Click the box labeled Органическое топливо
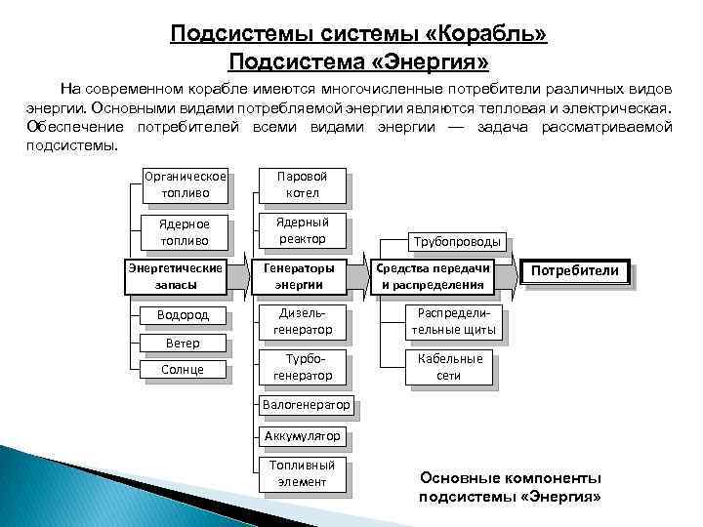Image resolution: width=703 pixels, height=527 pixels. [184, 185]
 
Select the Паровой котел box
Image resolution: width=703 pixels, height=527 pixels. [303, 185]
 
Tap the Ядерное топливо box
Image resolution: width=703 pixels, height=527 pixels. [184, 232]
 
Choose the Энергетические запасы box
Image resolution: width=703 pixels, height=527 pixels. [176, 275]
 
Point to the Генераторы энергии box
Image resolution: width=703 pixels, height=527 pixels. [303, 275]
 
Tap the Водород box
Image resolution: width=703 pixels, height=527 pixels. [184, 315]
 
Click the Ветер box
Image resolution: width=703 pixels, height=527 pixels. [184, 344]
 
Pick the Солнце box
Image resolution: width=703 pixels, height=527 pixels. [184, 369]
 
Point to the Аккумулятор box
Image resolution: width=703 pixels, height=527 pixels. [303, 435]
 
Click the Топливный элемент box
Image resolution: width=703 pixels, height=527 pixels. [303, 473]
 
